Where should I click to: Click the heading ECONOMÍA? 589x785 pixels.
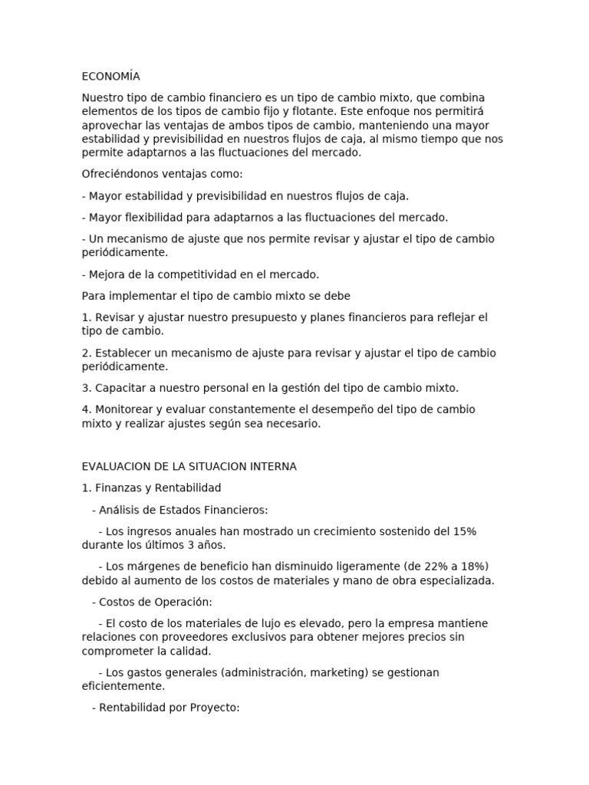click(x=110, y=77)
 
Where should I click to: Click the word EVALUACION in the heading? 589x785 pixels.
click(x=114, y=466)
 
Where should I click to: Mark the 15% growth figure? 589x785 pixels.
click(x=462, y=531)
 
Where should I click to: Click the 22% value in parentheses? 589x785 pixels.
click(x=420, y=567)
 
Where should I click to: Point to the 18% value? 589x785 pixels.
click(x=470, y=567)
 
